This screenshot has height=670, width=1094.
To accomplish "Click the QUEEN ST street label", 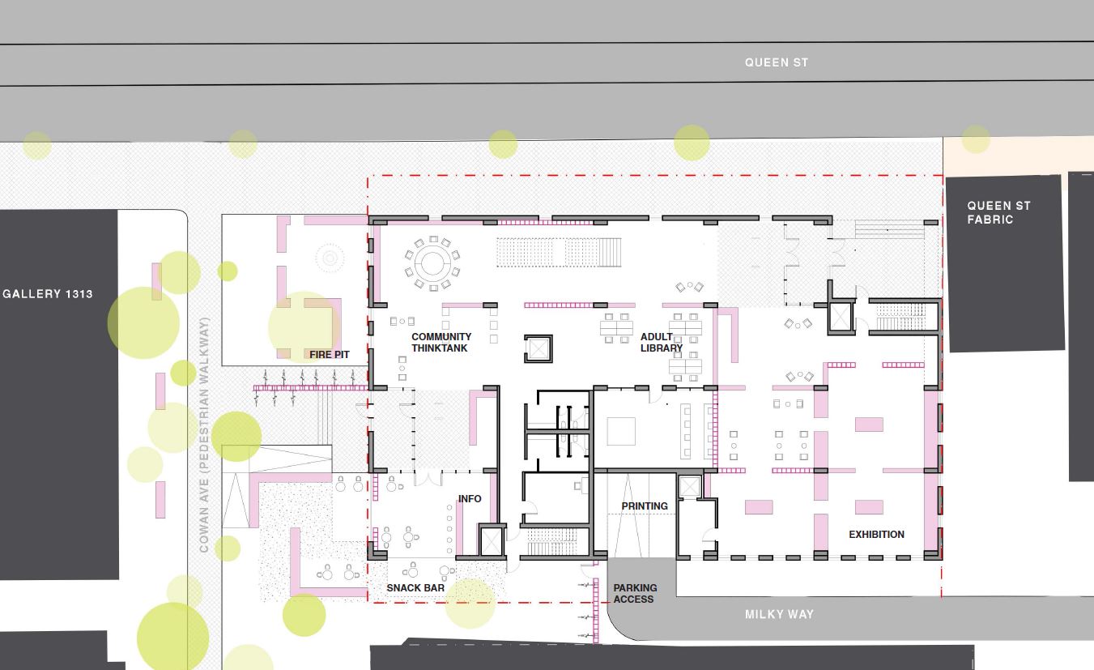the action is pos(776,62).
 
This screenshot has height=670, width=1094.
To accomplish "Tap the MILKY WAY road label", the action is pos(779,614).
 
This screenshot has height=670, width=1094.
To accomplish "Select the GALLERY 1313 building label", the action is pos(48,294).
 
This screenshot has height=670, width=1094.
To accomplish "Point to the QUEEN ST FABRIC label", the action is pos(998,212).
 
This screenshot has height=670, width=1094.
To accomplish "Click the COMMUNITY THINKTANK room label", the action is pos(441,342).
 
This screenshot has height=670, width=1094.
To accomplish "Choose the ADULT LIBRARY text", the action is pos(662,342).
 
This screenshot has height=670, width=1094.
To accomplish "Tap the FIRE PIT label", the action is pos(330,354).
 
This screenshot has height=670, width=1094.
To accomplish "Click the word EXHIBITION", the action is pos(876,534).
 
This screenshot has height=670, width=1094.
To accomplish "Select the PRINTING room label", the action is pos(645,506).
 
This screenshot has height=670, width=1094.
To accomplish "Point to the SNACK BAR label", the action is pos(415,588).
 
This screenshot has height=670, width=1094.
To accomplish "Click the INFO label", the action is pos(470,498).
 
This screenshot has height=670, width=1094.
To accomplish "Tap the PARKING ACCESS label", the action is pos(635,593).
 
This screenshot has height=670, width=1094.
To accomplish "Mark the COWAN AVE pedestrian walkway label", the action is pos(204,435).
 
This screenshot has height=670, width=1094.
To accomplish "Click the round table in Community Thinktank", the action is pos(432,264).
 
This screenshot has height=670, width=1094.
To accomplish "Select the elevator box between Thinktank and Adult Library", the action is pos(538,349).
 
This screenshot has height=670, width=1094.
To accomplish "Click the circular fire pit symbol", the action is pos(330,258).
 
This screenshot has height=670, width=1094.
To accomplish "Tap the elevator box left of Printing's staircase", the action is pos(492,541).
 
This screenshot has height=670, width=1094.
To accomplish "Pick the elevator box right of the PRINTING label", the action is pos(690,487).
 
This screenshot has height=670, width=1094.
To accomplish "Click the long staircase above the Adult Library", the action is pos(560,252).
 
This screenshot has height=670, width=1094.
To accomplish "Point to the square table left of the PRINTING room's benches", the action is pos(621,431).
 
